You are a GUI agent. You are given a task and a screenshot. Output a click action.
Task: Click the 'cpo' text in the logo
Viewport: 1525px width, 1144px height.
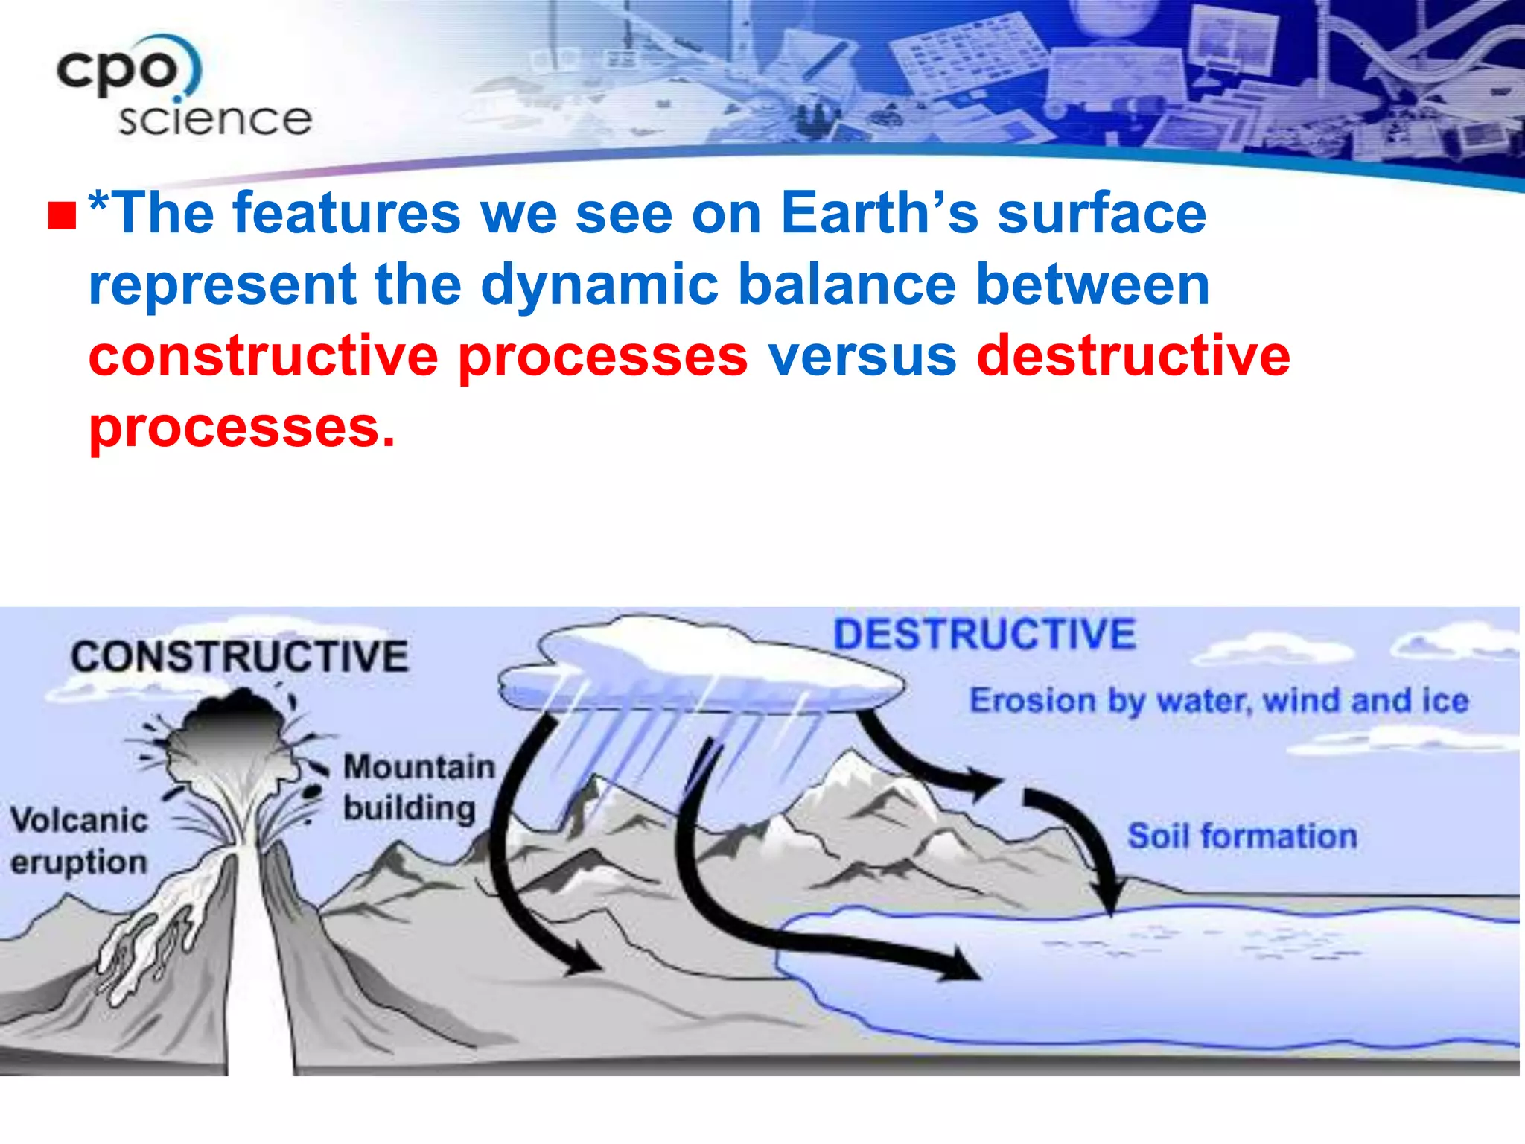click(119, 71)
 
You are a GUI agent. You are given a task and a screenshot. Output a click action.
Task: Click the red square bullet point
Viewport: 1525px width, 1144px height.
click(63, 216)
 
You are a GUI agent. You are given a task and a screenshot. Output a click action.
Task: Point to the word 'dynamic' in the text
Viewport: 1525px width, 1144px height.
click(599, 285)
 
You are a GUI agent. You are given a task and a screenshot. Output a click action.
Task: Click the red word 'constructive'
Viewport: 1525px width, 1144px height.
click(263, 356)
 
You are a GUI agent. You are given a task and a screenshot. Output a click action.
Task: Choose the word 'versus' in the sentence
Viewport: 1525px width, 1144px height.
click(862, 356)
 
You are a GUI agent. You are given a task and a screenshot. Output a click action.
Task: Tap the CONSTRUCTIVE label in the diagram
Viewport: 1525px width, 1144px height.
click(239, 657)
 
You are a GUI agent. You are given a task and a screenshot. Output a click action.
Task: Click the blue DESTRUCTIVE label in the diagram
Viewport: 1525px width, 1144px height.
click(984, 635)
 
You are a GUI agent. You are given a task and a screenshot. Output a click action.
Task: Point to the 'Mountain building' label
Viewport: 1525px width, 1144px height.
click(418, 788)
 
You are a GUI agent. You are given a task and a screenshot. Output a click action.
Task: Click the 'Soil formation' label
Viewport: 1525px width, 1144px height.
click(1242, 836)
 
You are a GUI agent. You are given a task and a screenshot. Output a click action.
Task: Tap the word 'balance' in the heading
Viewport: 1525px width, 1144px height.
click(847, 285)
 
